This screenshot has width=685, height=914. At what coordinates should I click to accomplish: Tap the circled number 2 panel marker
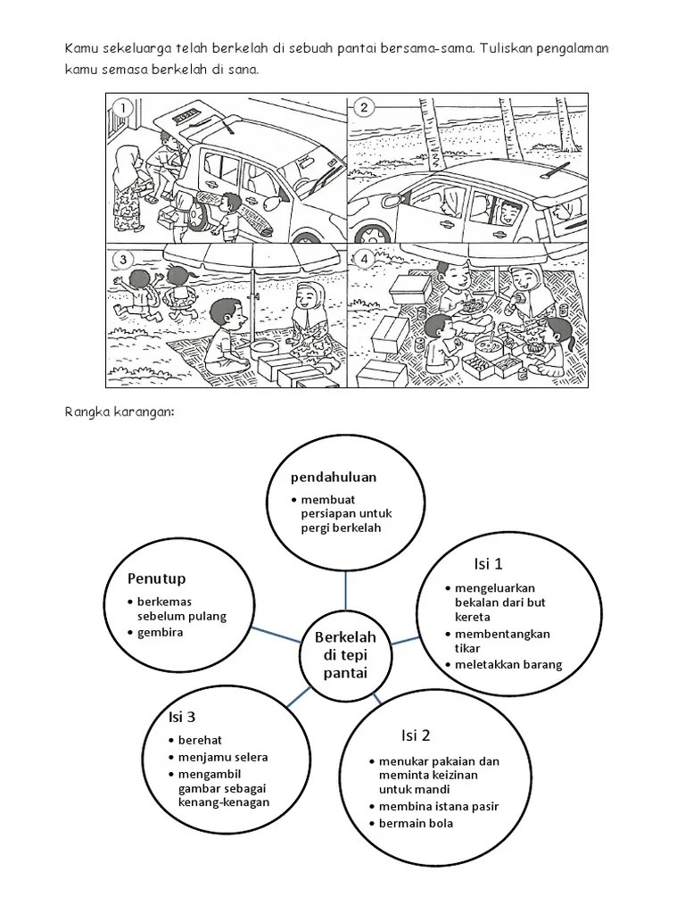click(x=363, y=108)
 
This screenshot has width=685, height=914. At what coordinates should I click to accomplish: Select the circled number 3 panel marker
click(x=122, y=261)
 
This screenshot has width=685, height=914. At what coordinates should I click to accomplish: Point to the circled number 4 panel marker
click(x=363, y=261)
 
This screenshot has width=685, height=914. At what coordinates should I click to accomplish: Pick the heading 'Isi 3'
click(x=182, y=716)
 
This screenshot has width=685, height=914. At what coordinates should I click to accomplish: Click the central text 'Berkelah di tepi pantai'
click(x=345, y=654)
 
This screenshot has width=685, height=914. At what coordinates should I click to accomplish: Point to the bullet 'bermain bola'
click(x=416, y=822)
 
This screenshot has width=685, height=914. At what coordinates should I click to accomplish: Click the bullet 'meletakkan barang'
click(x=508, y=664)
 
